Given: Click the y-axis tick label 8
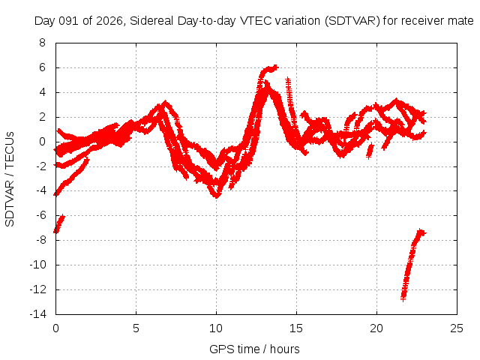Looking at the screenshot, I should pyautogui.click(x=42, y=43).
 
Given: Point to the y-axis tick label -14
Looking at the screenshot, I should pyautogui.click(x=37, y=314).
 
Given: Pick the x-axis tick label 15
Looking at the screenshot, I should pyautogui.click(x=297, y=328).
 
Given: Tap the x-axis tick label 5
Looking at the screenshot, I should pyautogui.click(x=136, y=328).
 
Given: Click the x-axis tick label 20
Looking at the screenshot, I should pyautogui.click(x=377, y=328).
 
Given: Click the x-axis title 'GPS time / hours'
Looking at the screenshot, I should pyautogui.click(x=256, y=349).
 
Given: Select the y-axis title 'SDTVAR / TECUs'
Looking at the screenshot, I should pyautogui.click(x=10, y=178).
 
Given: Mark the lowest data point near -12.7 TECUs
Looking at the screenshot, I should pyautogui.click(x=403, y=298).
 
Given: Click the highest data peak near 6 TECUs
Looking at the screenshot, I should pyautogui.click(x=275, y=67).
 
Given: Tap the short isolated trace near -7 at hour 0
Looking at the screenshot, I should pyautogui.click(x=59, y=223).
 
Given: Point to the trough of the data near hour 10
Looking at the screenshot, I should pyautogui.click(x=217, y=195).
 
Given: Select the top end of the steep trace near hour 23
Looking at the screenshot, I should pyautogui.click(x=421, y=232).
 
